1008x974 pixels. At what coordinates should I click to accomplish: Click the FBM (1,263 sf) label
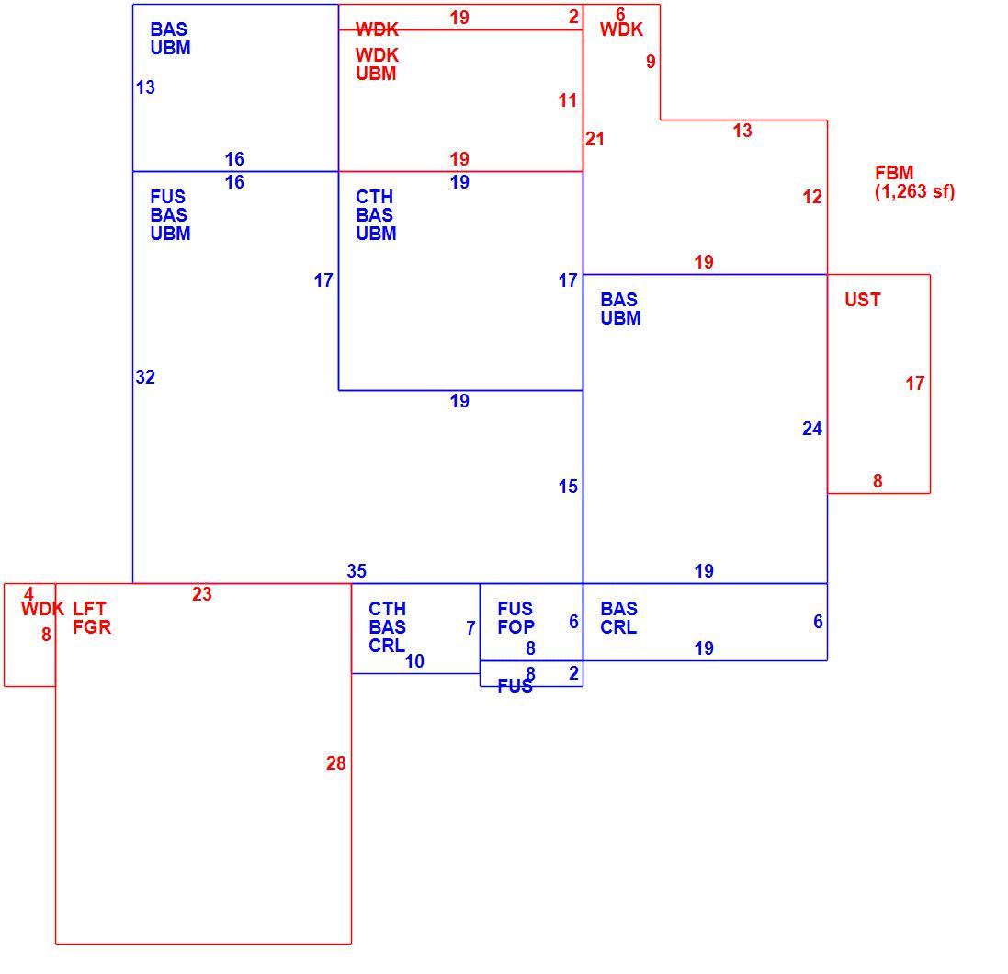coord(914,182)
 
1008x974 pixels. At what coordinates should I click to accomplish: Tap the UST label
coord(862,300)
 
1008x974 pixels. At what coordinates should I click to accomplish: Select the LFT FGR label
coord(92,617)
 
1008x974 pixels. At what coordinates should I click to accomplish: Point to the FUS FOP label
coord(515,617)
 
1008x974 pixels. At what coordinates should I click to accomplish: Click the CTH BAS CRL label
coord(387,626)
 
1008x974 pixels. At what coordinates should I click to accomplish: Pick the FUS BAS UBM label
coord(170,215)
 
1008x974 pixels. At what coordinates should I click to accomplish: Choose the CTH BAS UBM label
coord(376,215)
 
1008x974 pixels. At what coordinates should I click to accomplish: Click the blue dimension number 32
coord(145,377)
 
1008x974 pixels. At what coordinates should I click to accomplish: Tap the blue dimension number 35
coord(357,570)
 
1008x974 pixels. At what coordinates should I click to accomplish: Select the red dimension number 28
coord(336,763)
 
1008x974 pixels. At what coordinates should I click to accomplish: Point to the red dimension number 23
coord(202,594)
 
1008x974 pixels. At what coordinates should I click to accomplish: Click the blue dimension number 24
coord(812,429)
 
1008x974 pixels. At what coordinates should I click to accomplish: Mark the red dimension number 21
coord(595,139)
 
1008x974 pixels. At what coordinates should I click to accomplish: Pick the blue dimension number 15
coord(568,487)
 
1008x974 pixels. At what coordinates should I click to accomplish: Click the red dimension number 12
coord(812,197)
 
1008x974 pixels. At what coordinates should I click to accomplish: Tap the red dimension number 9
coord(651,61)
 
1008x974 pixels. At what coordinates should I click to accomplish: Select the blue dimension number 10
coord(414,660)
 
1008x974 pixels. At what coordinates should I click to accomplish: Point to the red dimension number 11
coord(568,100)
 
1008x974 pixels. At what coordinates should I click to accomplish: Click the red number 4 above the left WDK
coord(28,594)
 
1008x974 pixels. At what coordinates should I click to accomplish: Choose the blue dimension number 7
coord(470,628)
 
